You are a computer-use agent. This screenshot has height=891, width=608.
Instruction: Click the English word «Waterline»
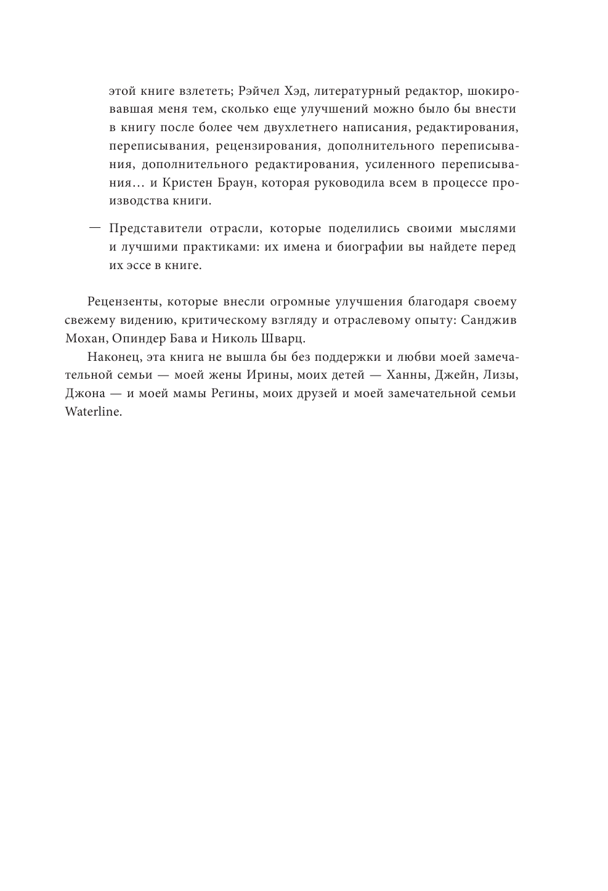(93, 412)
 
